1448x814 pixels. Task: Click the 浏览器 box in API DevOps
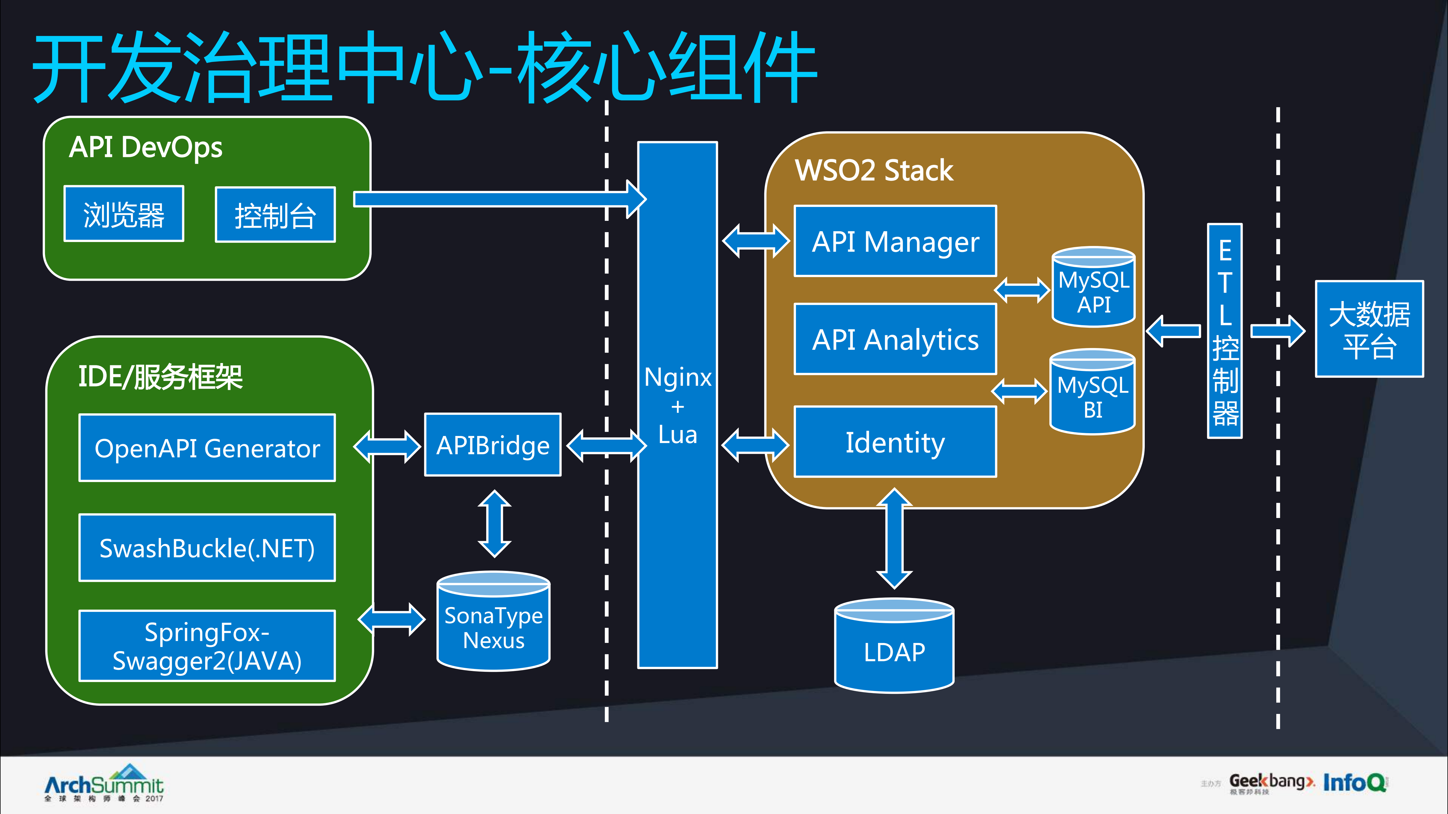coord(124,214)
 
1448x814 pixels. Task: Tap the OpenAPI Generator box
coord(207,448)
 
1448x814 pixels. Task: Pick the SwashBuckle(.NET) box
coord(207,548)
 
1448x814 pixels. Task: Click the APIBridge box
coord(492,445)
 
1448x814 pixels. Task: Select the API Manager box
coord(895,241)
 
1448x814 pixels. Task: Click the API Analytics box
coord(895,339)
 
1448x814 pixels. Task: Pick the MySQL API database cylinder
coord(1093,288)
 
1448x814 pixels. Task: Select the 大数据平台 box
coord(1369,329)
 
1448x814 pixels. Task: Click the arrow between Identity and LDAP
coord(894,538)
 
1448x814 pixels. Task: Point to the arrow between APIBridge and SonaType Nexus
coord(494,524)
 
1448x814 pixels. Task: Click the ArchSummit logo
coord(104,784)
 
